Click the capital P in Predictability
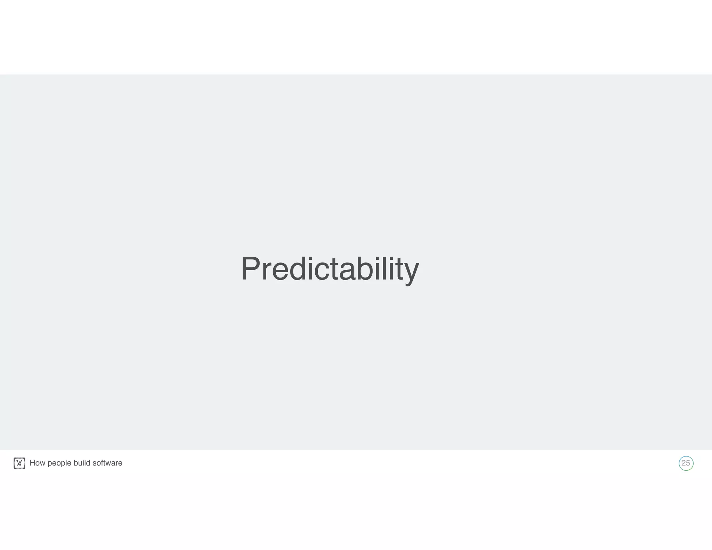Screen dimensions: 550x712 click(x=250, y=268)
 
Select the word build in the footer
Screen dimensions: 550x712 click(x=82, y=463)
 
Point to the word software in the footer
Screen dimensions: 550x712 click(x=107, y=463)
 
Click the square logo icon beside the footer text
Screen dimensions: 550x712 click(x=19, y=463)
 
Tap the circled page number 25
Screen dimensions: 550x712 click(x=686, y=463)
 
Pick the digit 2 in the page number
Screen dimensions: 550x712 click(x=683, y=463)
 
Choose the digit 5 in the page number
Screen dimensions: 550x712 click(x=688, y=463)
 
